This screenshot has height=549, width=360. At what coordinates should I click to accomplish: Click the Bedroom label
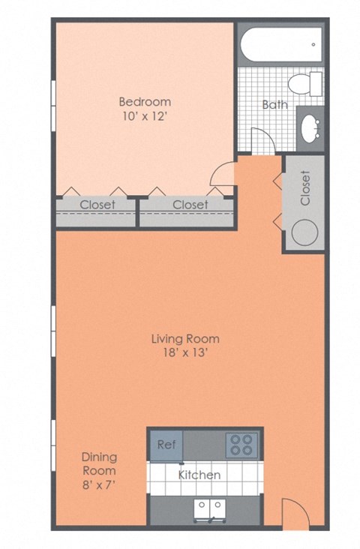coord(145,101)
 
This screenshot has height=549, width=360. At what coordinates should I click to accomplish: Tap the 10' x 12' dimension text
coord(145,116)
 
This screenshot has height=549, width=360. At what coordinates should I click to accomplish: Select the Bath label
coord(274,104)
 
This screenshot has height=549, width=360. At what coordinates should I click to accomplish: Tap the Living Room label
coord(185,339)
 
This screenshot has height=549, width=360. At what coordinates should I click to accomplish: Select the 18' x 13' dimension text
coord(185,354)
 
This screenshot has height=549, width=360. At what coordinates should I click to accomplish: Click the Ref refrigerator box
coord(166,444)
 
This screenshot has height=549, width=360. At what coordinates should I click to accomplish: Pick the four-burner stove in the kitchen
coord(241,445)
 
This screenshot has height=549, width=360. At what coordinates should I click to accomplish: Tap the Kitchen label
coord(199,475)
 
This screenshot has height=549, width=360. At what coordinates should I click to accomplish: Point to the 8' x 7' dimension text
coord(99,484)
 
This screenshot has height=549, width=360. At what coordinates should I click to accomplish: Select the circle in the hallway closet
coord(304,232)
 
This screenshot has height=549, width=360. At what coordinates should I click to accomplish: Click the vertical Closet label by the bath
coord(304,188)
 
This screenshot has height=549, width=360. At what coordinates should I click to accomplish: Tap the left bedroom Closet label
coord(97,204)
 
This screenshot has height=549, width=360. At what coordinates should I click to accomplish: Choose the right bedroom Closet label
coord(190,204)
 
